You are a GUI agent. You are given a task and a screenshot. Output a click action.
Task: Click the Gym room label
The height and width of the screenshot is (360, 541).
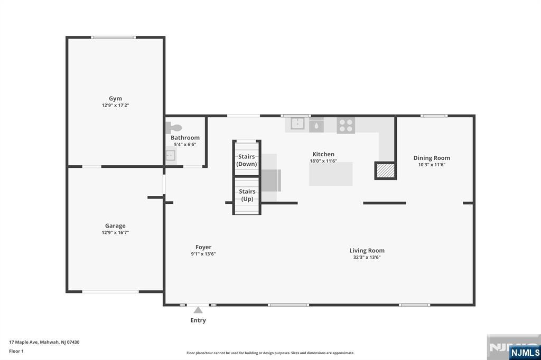click(115, 99)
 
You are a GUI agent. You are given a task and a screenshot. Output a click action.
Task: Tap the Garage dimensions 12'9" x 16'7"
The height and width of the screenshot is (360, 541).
click(115, 233)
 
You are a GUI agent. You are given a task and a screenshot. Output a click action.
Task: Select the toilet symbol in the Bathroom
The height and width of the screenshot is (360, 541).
click(173, 128)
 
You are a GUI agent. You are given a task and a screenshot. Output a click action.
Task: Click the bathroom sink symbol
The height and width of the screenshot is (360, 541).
click(171, 155)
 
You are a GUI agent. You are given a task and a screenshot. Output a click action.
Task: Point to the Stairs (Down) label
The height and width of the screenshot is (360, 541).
click(246, 160)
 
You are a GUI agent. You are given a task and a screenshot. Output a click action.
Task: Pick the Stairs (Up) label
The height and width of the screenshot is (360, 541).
click(247, 195)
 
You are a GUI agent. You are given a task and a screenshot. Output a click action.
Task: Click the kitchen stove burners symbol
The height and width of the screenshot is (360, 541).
click(346, 125)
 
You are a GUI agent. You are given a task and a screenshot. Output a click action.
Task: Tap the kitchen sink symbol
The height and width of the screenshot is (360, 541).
click(297, 124)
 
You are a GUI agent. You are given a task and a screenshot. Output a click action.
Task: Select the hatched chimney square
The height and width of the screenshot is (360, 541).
click(385, 170)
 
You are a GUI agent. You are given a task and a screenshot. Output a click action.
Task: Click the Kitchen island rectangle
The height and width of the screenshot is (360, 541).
click(331, 174)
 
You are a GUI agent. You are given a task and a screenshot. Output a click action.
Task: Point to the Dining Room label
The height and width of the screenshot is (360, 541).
click(432, 158)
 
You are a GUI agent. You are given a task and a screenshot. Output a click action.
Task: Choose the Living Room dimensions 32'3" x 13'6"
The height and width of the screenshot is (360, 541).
click(367, 257)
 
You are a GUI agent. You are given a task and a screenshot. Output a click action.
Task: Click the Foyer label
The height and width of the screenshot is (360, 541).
click(203, 247)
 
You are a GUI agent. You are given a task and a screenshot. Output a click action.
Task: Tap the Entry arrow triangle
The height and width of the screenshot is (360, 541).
click(198, 310)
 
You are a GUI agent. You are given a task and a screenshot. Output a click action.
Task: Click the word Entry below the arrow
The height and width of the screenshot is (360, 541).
click(198, 320)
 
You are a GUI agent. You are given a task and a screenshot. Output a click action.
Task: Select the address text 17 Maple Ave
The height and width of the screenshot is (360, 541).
click(24, 343)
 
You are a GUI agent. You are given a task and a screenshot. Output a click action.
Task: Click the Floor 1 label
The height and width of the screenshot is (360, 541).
click(16, 352)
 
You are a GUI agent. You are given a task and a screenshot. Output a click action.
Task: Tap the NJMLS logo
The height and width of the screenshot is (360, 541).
click(525, 353)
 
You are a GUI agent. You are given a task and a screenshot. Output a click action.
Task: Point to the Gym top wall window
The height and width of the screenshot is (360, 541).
click(113, 37)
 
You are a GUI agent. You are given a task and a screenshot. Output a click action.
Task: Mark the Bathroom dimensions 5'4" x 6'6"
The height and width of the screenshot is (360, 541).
click(185, 145)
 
